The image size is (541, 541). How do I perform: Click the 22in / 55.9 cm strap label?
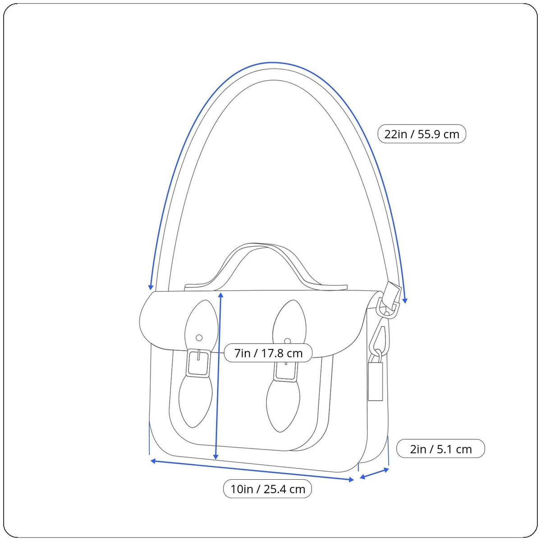click(x=422, y=134)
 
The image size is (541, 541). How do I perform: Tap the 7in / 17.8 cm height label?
click(x=268, y=353)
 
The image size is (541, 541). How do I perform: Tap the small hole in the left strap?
click(x=199, y=338)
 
